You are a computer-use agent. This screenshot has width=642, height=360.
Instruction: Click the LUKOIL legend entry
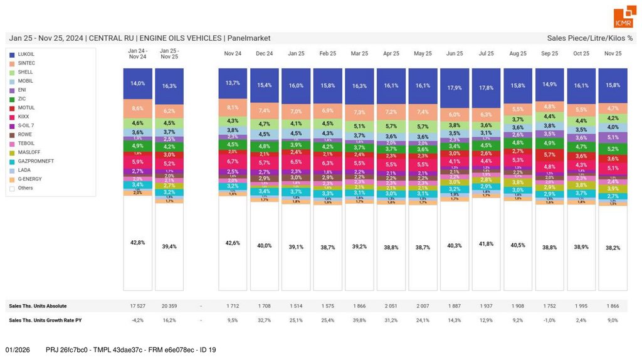pos(26,55)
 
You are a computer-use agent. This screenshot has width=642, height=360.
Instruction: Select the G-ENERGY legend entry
pos(30,179)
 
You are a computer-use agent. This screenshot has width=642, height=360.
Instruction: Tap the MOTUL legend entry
pos(26,108)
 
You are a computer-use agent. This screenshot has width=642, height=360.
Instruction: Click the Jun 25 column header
pos(455,54)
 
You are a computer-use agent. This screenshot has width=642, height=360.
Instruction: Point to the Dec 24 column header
pos(265,54)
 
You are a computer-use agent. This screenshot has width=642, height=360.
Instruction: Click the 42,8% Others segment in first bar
pos(138,242)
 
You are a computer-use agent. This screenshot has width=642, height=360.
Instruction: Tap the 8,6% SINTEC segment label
pos(138,109)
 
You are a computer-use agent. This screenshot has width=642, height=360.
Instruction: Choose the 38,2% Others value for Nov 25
pos(613,248)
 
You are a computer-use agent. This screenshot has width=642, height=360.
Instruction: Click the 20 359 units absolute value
pos(169,306)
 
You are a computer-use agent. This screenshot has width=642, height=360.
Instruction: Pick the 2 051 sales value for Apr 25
pos(391,306)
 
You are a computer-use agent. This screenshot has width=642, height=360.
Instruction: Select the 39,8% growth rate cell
pos(359,320)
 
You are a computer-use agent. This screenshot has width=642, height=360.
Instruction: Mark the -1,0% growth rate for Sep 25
pos(549,320)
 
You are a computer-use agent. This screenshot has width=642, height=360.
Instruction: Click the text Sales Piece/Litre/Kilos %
pos(589,38)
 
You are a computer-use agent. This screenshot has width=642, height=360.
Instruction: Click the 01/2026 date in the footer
pos(18,349)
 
